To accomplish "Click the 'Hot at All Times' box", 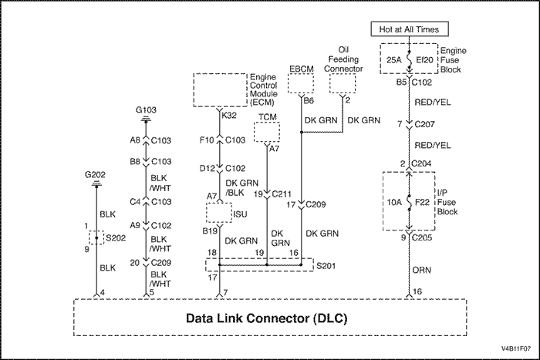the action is pyautogui.click(x=410, y=29).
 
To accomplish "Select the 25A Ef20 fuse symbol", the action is pyautogui.click(x=410, y=59).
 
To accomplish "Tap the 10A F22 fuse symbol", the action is pyautogui.click(x=409, y=202).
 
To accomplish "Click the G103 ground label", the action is pyautogui.click(x=146, y=110).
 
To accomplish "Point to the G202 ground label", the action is pyautogui.click(x=95, y=175).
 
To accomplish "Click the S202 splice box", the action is pyautogui.click(x=96, y=238).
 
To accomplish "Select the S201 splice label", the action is pyautogui.click(x=326, y=266).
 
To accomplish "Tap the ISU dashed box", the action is pyautogui.click(x=219, y=213).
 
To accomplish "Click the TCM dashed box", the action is pyautogui.click(x=267, y=132).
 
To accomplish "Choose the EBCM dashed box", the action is pyautogui.click(x=301, y=83).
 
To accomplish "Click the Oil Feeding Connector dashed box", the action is pyautogui.click(x=343, y=83).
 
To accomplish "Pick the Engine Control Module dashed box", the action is pyautogui.click(x=221, y=90).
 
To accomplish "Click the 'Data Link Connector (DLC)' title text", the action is pyautogui.click(x=267, y=318).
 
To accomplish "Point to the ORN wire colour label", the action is pyautogui.click(x=421, y=270).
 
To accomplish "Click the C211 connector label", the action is pyautogui.click(x=282, y=194).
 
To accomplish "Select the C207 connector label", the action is pyautogui.click(x=424, y=124).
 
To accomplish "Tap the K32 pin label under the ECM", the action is pyautogui.click(x=229, y=116).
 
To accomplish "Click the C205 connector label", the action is pyautogui.click(x=422, y=237).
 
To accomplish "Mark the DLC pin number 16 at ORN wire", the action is pyautogui.click(x=417, y=291).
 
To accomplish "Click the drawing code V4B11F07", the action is pyautogui.click(x=516, y=348).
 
